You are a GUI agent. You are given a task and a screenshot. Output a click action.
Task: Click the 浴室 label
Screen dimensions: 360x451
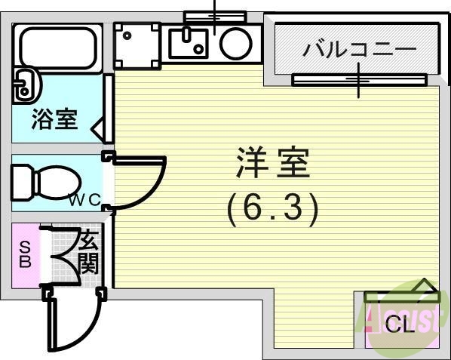pyautogui.click(x=54, y=119)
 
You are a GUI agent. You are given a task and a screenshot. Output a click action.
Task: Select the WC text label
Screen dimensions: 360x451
pyautogui.click(x=84, y=201)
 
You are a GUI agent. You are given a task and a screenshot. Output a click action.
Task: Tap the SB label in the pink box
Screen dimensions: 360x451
pyautogui.click(x=25, y=254)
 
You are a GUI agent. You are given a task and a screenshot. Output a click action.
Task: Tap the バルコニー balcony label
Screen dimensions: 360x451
pyautogui.click(x=358, y=51)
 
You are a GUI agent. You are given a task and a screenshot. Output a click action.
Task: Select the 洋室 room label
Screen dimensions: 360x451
pyautogui.click(x=273, y=163)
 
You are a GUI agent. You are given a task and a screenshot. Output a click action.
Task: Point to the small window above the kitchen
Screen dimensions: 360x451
pyautogui.click(x=216, y=15)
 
